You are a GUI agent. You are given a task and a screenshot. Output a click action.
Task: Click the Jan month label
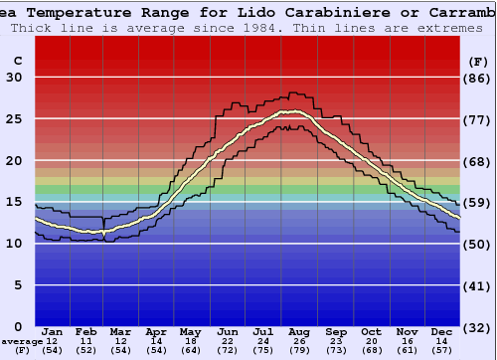tap(53, 331)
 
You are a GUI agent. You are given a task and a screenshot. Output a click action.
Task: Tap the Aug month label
tap(300, 331)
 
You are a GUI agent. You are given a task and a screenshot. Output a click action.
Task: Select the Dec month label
tap(442, 331)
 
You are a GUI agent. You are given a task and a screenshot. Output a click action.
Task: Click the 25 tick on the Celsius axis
tap(14, 118)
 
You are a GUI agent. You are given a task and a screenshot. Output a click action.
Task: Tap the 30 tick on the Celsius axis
tap(14, 78)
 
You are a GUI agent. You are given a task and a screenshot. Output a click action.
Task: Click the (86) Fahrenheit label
tap(478, 78)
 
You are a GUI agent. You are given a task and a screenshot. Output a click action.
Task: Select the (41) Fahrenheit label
tap(478, 285)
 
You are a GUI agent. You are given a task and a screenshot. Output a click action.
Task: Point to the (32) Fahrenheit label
tap(478, 327)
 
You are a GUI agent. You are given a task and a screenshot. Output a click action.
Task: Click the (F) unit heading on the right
tap(478, 61)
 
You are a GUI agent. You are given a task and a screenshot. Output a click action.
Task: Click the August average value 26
tap(300, 341)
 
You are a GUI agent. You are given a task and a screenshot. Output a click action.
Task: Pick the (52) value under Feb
tap(87, 350)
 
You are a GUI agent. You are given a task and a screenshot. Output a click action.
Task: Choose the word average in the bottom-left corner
tap(21, 341)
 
